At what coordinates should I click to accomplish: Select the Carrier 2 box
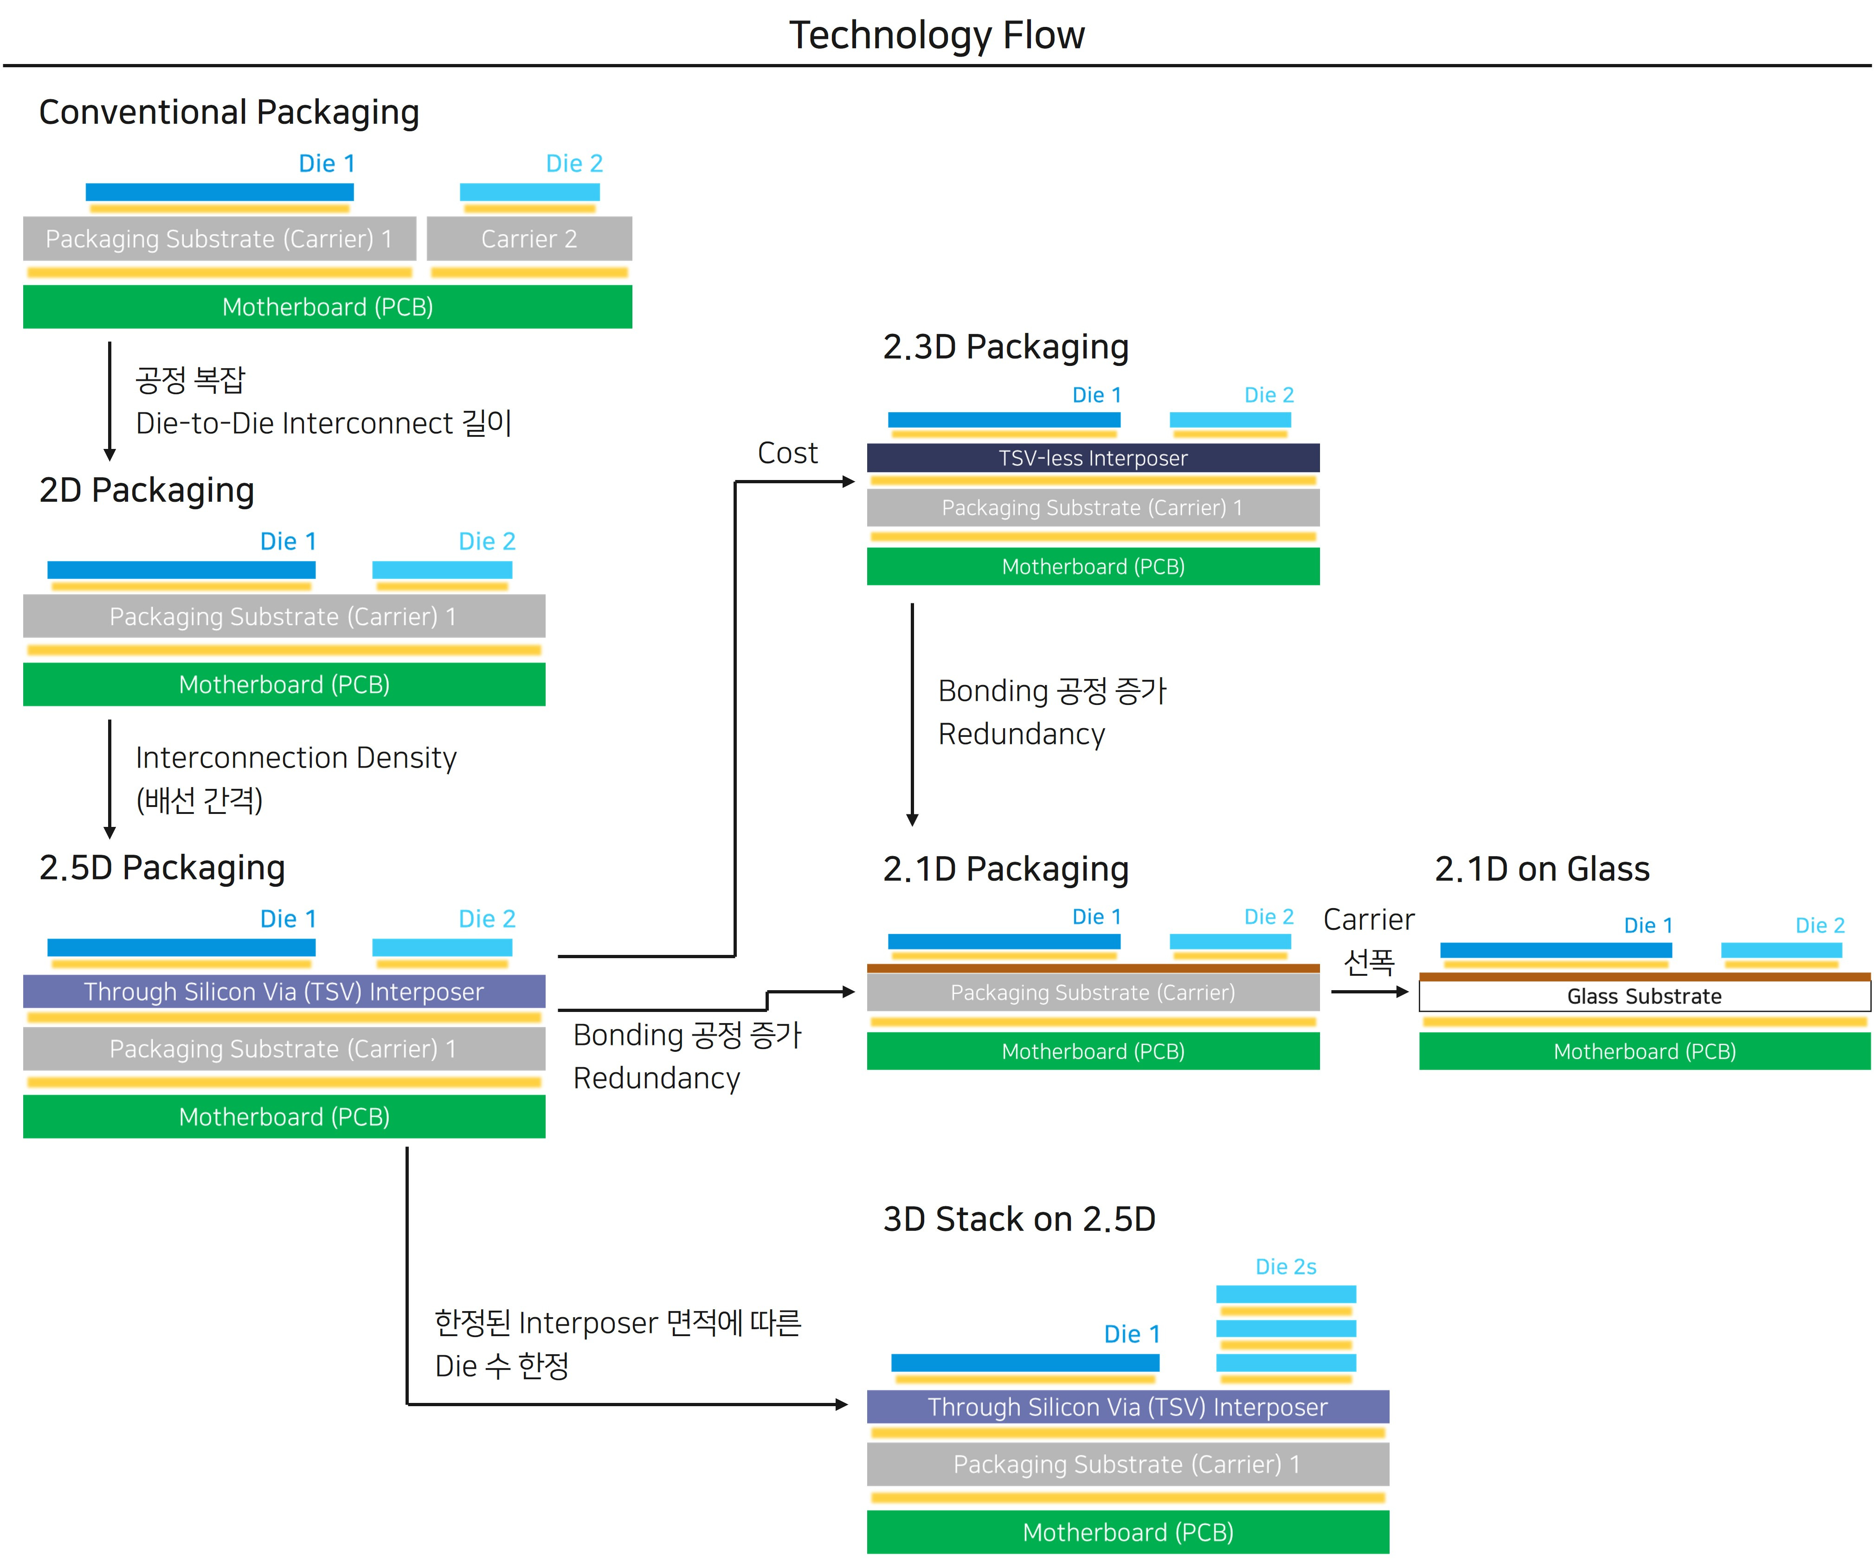[x=529, y=239]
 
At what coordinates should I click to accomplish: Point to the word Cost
[x=787, y=453]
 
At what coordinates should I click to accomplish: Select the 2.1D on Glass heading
[x=1541, y=869]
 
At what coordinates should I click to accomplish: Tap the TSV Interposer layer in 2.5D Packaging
[x=284, y=992]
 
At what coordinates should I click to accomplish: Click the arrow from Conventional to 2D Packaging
[x=110, y=402]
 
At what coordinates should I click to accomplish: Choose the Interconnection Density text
[x=296, y=757]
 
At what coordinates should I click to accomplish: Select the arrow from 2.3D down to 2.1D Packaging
[x=912, y=714]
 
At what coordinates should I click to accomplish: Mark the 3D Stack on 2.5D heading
[x=1018, y=1219]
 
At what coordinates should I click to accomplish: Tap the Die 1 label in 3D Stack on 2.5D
[x=1132, y=1335]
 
